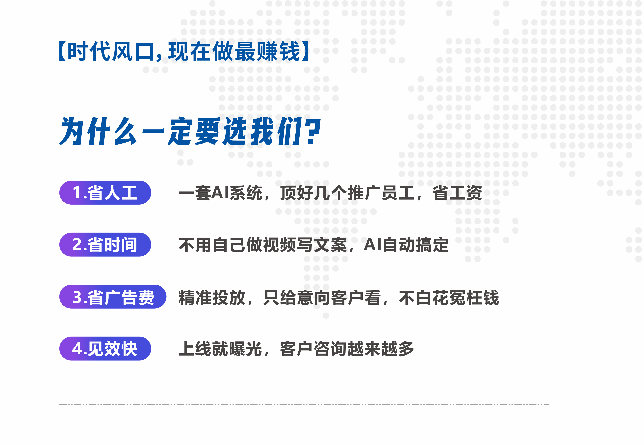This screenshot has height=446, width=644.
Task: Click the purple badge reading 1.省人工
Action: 105,192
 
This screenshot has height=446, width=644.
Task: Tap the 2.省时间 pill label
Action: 105,245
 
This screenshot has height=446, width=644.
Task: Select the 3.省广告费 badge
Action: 113,297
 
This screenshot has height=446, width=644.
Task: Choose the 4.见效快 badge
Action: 105,348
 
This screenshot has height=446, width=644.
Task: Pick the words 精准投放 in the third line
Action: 212,297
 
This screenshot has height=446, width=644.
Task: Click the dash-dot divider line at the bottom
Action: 304,404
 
